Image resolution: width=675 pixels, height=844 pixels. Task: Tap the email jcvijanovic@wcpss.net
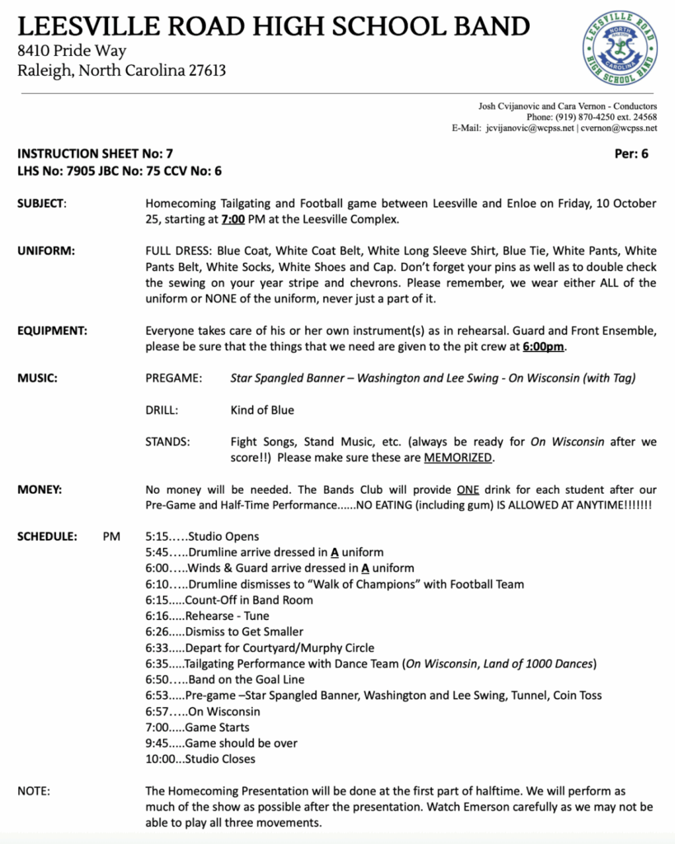[x=530, y=129]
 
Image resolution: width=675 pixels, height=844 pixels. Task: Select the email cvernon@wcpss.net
[x=619, y=129]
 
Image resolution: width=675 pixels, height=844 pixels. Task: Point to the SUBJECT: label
[x=42, y=204]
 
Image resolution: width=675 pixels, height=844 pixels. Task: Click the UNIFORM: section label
[x=46, y=251]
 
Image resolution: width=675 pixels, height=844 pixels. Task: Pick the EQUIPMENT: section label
[x=54, y=331]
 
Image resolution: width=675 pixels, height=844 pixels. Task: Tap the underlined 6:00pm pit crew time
[x=543, y=346]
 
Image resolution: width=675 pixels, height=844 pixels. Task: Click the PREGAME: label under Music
[x=173, y=378]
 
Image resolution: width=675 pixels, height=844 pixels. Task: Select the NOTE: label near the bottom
[x=34, y=791]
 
